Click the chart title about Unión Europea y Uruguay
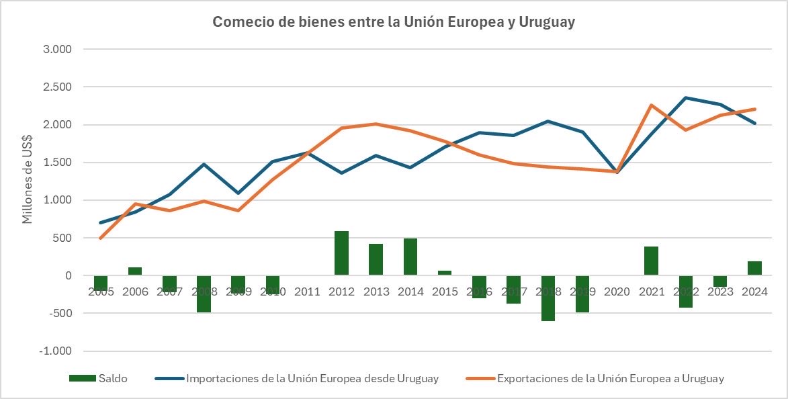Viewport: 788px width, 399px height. (394, 22)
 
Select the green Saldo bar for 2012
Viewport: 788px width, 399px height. (342, 253)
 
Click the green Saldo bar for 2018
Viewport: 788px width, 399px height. (549, 298)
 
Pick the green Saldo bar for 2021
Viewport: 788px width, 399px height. (652, 261)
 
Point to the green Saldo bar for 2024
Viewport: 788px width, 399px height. (754, 268)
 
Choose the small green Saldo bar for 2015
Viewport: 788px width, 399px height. (445, 273)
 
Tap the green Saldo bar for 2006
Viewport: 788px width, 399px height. (135, 271)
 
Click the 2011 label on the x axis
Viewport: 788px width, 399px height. (307, 292)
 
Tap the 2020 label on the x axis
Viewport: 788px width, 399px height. (617, 292)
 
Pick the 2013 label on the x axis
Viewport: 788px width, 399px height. (376, 292)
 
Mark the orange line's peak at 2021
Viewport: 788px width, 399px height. (652, 105)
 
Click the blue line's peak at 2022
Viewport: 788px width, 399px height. (686, 97)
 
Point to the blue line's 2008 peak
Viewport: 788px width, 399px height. (204, 164)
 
